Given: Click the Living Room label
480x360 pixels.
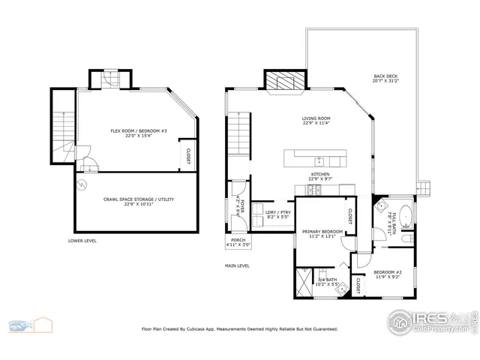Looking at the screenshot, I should (316, 121).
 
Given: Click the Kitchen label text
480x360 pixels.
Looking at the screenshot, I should (321, 176).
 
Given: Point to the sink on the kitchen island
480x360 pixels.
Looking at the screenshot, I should (319, 160).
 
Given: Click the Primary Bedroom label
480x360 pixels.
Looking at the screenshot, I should (322, 233).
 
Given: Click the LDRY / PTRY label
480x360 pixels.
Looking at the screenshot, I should (277, 214).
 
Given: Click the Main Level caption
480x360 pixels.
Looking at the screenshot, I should (237, 265).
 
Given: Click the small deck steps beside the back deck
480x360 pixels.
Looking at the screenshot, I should (424, 188).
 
